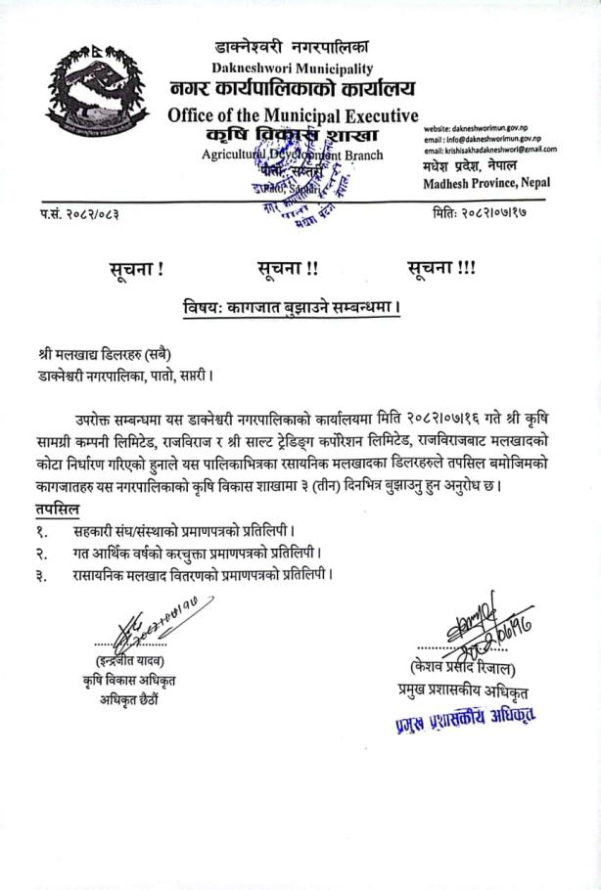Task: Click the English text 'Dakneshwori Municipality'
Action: pyautogui.click(x=293, y=68)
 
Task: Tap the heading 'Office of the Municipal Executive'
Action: pyautogui.click(x=293, y=115)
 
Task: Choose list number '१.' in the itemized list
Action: pyautogui.click(x=41, y=532)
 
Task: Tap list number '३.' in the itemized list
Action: pyautogui.click(x=41, y=575)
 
